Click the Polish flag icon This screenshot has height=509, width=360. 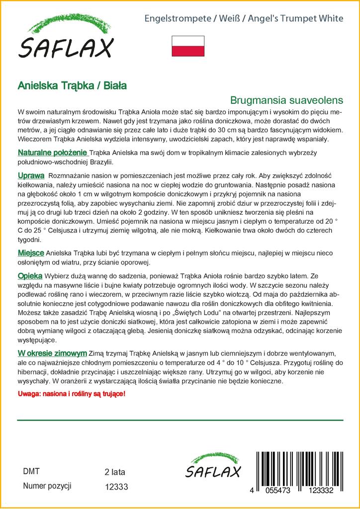click(188, 45)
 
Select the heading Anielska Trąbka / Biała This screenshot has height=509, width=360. click(72, 85)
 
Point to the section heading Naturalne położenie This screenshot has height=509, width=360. click(53, 153)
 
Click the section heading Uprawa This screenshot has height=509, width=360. click(31, 176)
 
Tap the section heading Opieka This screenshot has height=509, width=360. click(30, 276)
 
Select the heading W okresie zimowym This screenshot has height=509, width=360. click(52, 352)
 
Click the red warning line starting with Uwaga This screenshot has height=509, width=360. click(72, 394)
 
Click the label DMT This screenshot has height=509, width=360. click(31, 471)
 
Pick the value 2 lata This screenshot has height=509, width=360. click(115, 472)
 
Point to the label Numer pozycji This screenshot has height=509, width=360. click(48, 486)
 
